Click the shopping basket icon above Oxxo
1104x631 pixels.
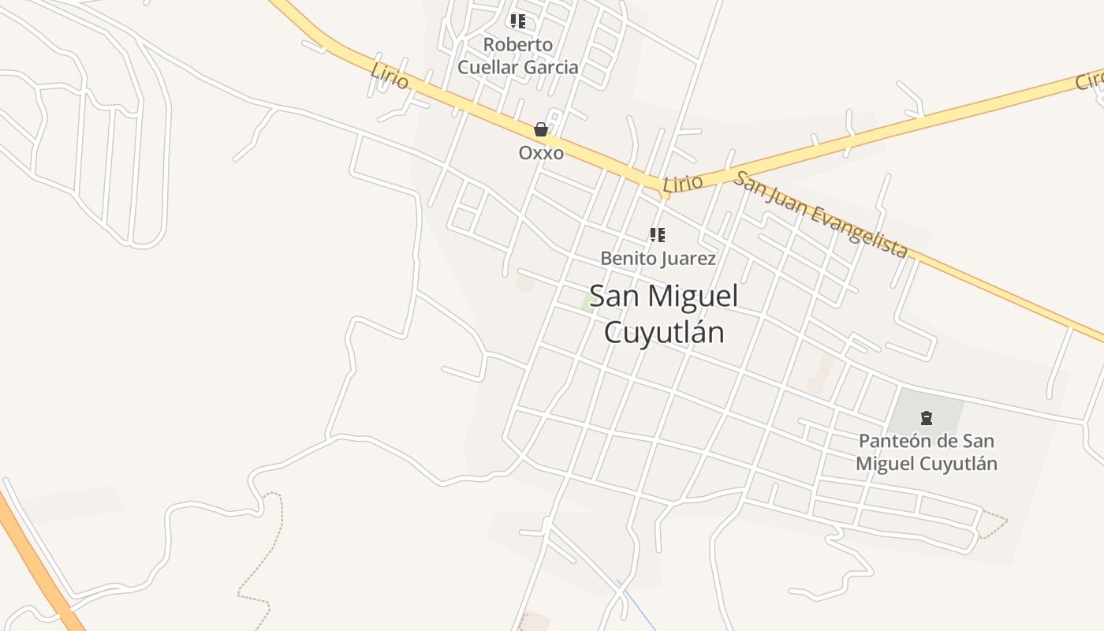(541, 129)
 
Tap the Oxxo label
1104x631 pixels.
(541, 153)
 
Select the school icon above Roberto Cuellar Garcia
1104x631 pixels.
(517, 21)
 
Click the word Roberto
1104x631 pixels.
(518, 44)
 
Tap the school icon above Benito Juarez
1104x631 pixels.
(657, 235)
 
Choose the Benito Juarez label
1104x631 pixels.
(658, 259)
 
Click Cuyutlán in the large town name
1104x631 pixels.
(664, 332)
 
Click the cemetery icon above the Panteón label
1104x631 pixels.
(927, 418)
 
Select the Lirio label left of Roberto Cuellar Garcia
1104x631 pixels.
(390, 77)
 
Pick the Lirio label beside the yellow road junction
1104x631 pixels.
(683, 184)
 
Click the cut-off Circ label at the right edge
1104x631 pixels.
(1090, 80)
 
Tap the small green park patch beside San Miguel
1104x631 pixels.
(588, 304)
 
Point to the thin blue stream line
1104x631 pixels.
(638, 607)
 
